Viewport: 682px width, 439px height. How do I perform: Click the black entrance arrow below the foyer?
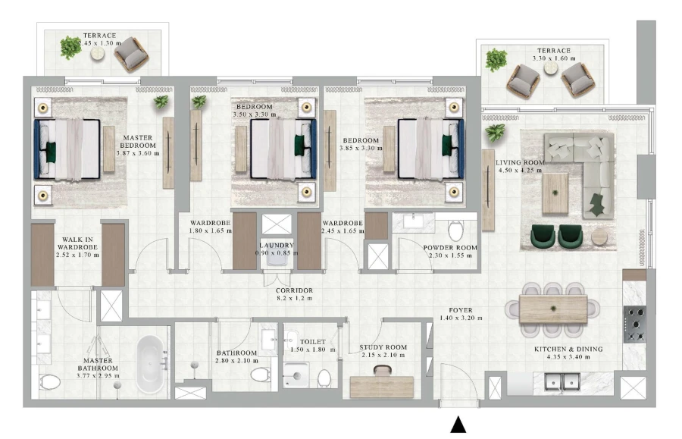458,425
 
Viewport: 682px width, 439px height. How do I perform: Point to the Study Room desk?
382,386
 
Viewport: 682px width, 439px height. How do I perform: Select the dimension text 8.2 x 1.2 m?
296,299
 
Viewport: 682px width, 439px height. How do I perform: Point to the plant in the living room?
496,134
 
